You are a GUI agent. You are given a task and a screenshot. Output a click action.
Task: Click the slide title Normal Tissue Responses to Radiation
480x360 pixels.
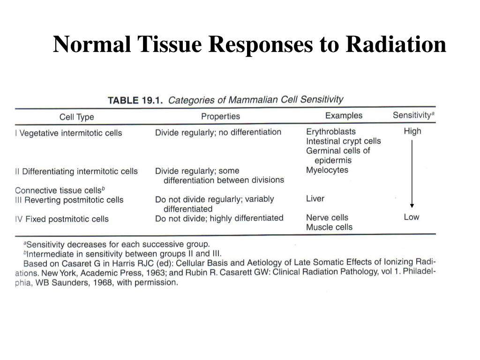coord(249,45)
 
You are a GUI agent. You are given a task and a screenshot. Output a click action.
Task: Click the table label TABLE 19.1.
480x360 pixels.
coord(135,100)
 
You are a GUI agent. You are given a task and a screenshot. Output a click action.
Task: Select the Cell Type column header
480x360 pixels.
coord(77,117)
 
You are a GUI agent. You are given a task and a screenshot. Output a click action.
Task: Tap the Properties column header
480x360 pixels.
coord(220,116)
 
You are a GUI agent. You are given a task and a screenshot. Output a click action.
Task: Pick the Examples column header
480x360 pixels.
coord(344,115)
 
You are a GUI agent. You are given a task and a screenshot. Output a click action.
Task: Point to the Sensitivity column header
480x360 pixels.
coord(413,115)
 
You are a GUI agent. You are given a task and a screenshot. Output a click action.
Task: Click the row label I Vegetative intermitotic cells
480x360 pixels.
coord(68,133)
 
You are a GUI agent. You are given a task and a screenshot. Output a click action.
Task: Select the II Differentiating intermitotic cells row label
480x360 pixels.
coord(76,172)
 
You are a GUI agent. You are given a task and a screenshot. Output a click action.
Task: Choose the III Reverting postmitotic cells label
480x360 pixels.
coord(69,200)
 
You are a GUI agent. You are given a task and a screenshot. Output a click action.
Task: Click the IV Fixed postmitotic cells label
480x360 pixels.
coord(62,219)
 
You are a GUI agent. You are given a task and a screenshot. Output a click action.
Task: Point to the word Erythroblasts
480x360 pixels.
coord(331,132)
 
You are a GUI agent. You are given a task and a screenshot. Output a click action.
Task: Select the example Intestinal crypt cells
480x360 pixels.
coord(344,141)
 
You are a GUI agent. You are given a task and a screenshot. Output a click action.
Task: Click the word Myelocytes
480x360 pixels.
coord(327,170)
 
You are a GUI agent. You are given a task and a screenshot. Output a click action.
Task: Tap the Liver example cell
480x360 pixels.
coord(315,199)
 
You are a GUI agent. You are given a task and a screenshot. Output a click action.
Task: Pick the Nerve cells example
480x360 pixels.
coord(327,217)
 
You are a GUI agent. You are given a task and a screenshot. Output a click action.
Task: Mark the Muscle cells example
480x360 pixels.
coord(329,227)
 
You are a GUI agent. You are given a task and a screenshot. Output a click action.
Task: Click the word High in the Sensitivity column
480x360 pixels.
coord(412,131)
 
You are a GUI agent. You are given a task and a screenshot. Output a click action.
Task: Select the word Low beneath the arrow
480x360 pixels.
coord(412,217)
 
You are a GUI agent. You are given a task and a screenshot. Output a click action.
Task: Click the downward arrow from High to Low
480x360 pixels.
coord(412,173)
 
